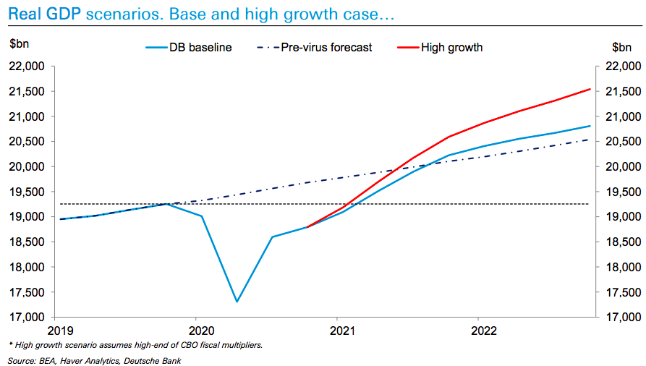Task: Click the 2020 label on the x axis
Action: click(x=195, y=331)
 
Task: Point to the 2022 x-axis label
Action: click(x=477, y=331)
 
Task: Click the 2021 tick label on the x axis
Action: click(x=336, y=331)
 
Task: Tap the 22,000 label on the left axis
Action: click(x=26, y=67)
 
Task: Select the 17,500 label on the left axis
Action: click(x=26, y=292)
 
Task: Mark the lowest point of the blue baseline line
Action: click(x=237, y=302)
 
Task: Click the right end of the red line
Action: click(x=590, y=89)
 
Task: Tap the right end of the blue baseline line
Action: click(x=590, y=126)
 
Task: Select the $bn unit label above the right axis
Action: click(x=621, y=47)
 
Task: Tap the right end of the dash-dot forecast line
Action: click(x=590, y=140)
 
